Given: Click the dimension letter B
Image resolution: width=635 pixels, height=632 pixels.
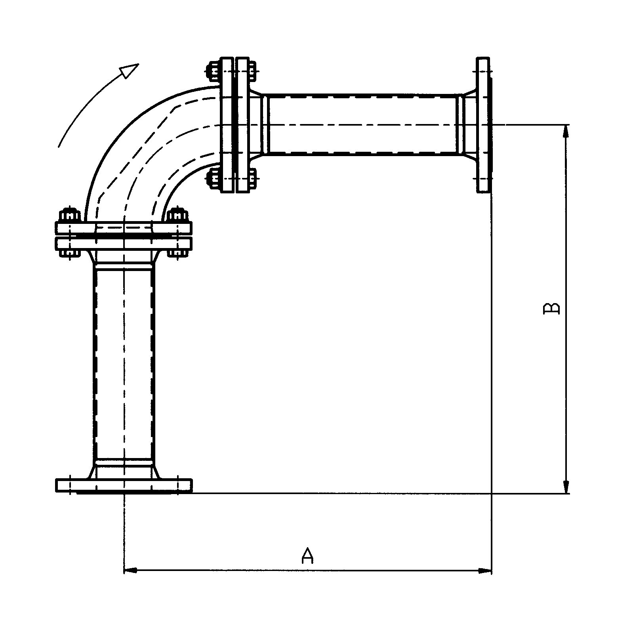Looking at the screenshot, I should [x=551, y=309].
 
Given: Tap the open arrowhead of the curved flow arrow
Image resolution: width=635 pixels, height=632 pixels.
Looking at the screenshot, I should [x=130, y=70].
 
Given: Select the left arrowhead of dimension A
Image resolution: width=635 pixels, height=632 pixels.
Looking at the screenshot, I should [x=130, y=571].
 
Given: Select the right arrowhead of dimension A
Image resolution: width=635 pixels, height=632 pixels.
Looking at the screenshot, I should [x=485, y=571].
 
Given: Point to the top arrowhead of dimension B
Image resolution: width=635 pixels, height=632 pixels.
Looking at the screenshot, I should [x=567, y=131].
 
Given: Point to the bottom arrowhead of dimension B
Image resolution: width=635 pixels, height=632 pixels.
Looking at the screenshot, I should [x=567, y=487].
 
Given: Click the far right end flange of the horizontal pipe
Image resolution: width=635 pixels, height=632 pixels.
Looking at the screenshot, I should [x=483, y=125].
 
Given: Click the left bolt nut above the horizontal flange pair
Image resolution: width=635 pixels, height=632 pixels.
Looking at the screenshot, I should [x=68, y=216].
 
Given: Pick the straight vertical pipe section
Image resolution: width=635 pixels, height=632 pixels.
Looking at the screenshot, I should [x=124, y=365].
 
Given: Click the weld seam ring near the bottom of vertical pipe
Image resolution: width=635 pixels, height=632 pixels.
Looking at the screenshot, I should [x=124, y=462].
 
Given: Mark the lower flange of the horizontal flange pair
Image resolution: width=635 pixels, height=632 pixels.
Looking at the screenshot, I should [x=124, y=242].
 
